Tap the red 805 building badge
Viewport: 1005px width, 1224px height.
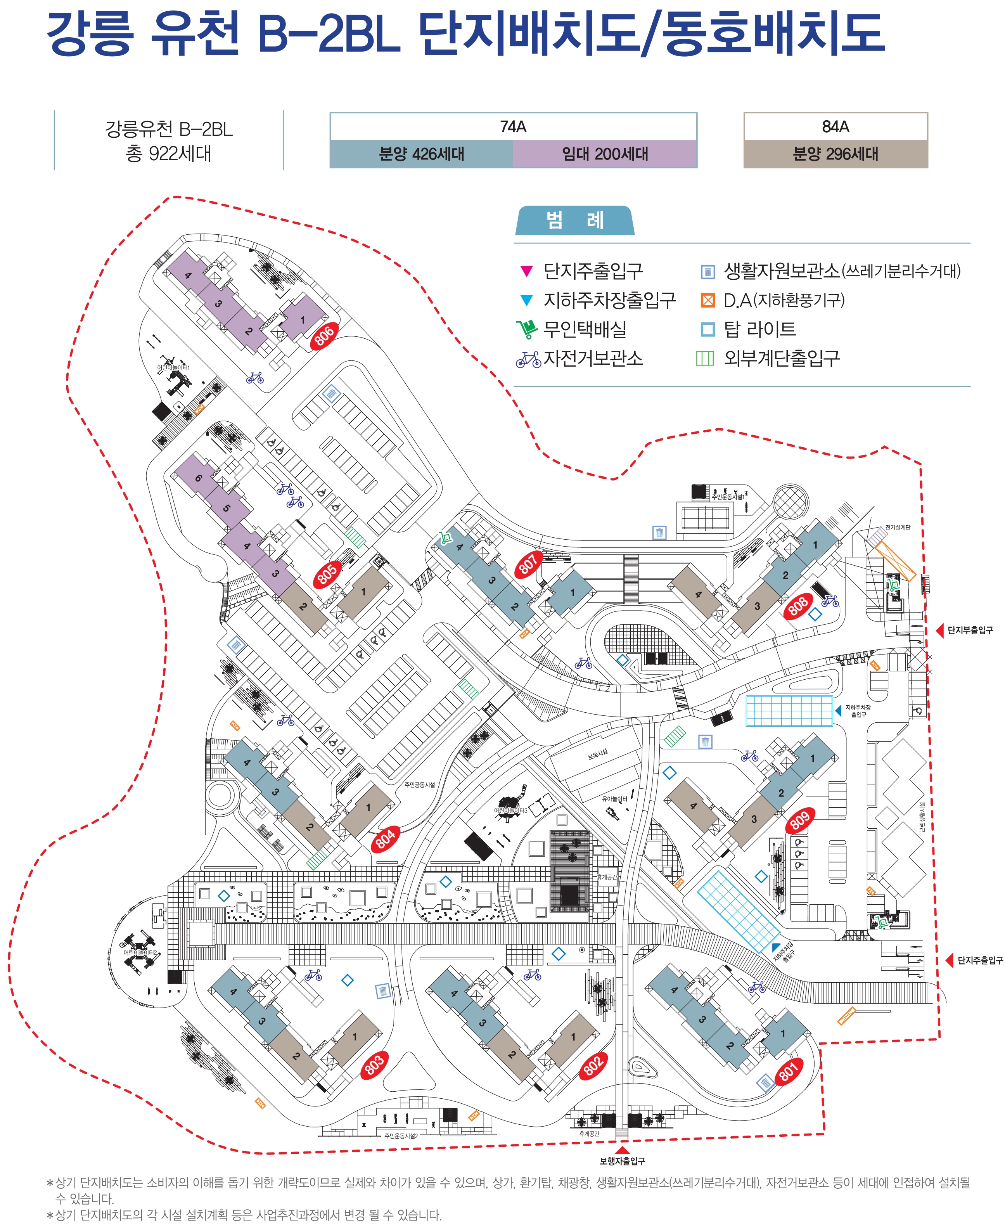[x=327, y=574]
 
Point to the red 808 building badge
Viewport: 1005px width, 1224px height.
[x=798, y=606]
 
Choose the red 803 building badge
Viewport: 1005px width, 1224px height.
[x=374, y=1064]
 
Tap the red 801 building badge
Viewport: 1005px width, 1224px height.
[x=789, y=1071]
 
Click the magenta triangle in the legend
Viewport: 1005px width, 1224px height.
[x=526, y=270]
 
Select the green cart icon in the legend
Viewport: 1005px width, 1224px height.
[x=527, y=329]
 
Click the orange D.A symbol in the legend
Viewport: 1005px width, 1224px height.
[x=707, y=300]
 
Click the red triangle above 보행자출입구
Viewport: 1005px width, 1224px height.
[x=622, y=1150]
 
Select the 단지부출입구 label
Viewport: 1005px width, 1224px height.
[x=970, y=630]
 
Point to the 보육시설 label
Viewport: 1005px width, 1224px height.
[x=597, y=753]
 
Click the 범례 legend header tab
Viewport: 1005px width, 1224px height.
[x=574, y=221]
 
